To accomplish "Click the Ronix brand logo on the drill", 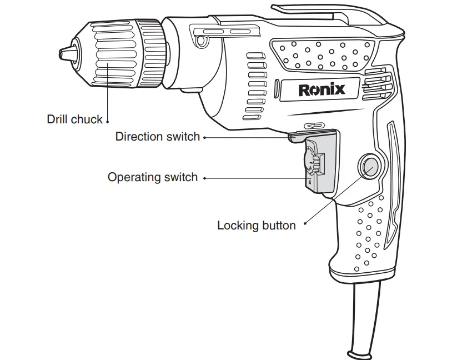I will [x=322, y=89].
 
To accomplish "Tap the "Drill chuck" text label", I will [x=74, y=119].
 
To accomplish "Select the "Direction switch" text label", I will [x=157, y=137].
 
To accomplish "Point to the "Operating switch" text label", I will [x=152, y=177].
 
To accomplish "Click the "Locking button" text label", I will [x=256, y=226].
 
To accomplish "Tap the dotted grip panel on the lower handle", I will [x=369, y=231].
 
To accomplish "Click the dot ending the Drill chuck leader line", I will [x=107, y=120].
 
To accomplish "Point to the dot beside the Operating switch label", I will [x=204, y=178].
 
